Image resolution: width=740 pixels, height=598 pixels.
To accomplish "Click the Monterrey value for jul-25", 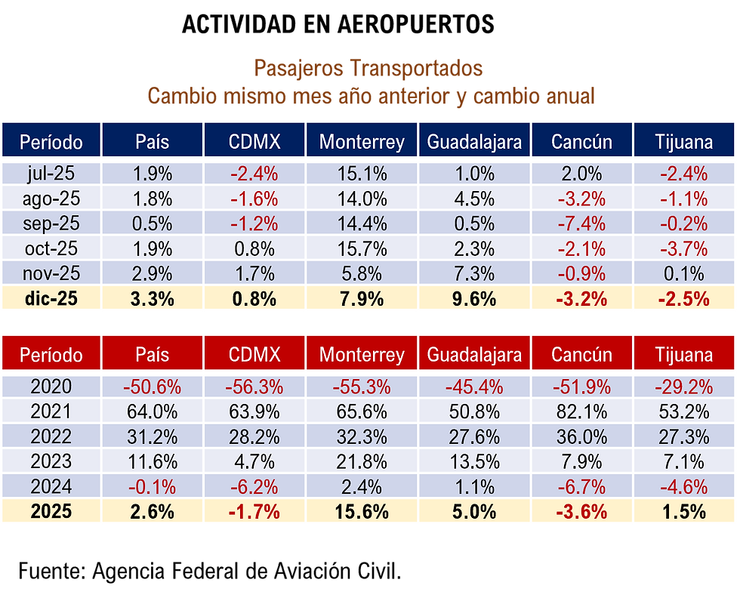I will [362, 174].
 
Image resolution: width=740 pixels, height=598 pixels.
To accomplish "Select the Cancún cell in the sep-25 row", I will [581, 223].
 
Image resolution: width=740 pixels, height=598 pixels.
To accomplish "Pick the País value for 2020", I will [152, 387].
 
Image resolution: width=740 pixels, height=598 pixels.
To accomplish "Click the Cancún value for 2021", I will [581, 412].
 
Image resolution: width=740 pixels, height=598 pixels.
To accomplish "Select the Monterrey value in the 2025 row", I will [362, 511].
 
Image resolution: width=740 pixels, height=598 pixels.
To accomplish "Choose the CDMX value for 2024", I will [254, 486].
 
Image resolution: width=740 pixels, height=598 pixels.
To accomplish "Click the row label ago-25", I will [51, 199].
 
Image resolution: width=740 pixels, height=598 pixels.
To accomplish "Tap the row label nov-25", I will [51, 273].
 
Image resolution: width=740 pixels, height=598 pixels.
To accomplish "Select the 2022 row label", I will [51, 437].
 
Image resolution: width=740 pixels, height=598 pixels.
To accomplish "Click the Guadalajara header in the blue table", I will [474, 142].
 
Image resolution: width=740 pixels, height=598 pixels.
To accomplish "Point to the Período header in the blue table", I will [51, 142].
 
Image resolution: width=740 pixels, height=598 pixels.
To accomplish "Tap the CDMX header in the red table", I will [254, 355].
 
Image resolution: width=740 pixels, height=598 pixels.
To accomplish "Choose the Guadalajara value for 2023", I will [474, 461].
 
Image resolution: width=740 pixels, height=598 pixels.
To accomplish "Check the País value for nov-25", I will [152, 273].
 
